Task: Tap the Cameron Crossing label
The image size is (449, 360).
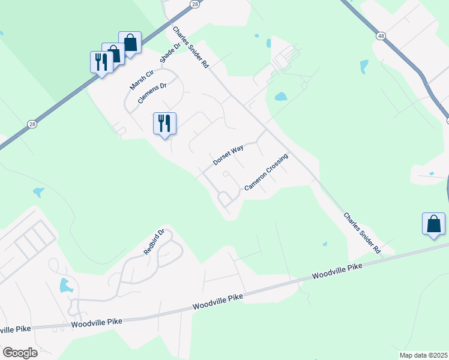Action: (266, 172)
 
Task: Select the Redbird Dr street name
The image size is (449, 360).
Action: (154, 242)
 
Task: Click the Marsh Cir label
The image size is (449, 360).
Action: (142, 80)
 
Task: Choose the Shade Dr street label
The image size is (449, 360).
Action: (170, 52)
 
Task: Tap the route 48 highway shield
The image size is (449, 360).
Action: (381, 36)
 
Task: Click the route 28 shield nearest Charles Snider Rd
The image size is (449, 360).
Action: (194, 4)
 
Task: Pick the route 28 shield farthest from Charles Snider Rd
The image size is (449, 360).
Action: (31, 124)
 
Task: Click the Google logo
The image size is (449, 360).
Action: (20, 353)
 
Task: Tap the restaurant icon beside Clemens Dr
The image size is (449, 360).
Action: (164, 124)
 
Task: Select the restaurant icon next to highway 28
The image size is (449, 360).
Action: (101, 62)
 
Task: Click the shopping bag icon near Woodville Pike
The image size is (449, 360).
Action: (433, 224)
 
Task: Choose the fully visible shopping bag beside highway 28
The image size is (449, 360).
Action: (130, 43)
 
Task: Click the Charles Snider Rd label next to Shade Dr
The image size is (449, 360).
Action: (190, 47)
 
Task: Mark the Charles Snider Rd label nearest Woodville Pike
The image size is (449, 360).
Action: (363, 232)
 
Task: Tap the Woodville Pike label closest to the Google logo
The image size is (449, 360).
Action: (97, 323)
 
